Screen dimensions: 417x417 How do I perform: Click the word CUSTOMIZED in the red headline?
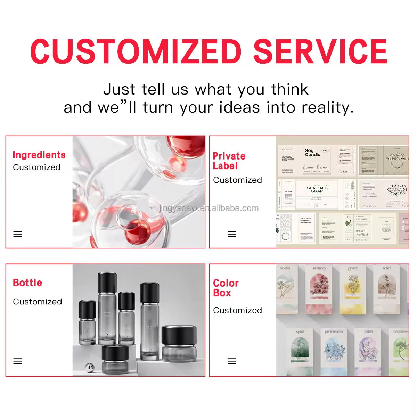pos(136,51)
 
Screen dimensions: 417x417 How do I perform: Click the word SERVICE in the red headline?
pos(320,51)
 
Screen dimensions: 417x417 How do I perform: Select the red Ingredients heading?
pos(39,155)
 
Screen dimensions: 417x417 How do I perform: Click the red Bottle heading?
pos(27,283)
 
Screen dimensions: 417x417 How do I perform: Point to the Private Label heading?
pos(229,161)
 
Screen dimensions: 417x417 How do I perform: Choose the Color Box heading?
pos(226,288)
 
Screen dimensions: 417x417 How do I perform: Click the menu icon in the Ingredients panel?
pos(18,234)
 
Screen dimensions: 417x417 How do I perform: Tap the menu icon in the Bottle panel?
pos(18,361)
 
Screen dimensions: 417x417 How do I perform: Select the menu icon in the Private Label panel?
pos(232,234)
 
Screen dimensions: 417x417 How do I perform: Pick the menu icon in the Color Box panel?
pos(232,361)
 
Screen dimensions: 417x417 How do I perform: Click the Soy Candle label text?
pos(312,153)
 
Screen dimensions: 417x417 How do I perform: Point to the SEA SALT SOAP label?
pos(317,189)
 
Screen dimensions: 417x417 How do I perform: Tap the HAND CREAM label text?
pos(397,188)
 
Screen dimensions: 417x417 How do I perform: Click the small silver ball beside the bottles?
pos(90,367)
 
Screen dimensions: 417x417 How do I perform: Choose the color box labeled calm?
pos(368,351)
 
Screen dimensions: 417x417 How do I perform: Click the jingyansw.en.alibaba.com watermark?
pos(209,208)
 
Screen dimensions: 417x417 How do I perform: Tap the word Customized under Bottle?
pos(38,302)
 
